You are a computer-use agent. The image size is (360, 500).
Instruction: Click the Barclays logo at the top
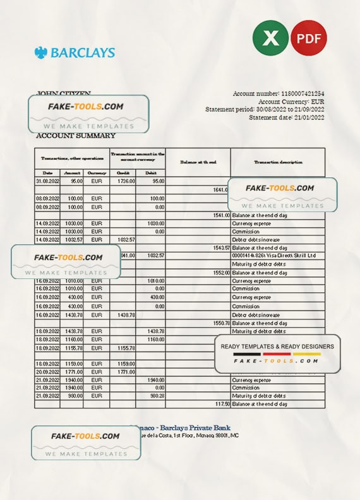coord(75,52)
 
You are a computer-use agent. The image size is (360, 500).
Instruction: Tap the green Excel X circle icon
coord(270,38)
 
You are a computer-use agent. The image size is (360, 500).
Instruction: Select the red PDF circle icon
coord(309,38)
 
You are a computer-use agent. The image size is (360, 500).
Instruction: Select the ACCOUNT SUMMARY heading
coord(76,136)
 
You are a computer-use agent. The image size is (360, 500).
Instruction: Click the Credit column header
coord(123,172)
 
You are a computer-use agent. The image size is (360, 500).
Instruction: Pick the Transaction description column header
coord(277,162)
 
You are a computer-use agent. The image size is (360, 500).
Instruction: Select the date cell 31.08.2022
coord(47,181)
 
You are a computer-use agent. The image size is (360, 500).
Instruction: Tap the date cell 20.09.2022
coord(47,372)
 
